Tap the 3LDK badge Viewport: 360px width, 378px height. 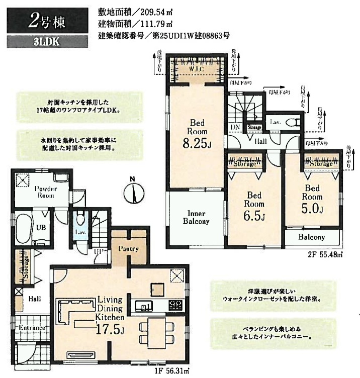point(46,42)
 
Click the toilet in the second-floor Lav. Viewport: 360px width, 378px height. point(294,122)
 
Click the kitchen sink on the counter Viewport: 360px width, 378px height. point(142,305)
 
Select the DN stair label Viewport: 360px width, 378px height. point(235,128)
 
